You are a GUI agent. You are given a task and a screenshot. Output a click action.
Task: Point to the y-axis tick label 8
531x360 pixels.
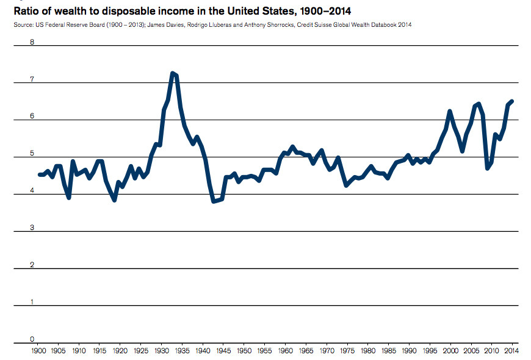[32, 43]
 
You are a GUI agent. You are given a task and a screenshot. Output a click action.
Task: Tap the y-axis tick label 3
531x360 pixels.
[32, 228]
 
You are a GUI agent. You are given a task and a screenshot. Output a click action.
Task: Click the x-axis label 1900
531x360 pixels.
[38, 351]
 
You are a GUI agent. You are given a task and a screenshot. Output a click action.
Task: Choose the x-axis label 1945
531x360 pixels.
[223, 351]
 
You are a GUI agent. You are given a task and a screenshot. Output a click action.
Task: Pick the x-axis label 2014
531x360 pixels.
[511, 351]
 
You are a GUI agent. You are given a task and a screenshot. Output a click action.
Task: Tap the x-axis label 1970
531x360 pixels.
[327, 351]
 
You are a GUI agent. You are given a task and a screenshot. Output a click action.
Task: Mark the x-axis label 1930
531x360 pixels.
[162, 351]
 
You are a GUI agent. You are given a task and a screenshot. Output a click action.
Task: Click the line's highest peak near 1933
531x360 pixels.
[172, 73]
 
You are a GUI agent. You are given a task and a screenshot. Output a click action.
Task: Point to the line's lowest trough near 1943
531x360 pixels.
[214, 201]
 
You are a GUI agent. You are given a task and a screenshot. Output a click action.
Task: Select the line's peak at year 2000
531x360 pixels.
[450, 112]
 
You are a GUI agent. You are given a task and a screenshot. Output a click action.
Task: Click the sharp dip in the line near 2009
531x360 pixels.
[487, 168]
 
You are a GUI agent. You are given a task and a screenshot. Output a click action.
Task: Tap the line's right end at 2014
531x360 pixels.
[512, 101]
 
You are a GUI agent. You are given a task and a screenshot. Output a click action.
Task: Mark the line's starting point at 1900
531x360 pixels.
[39, 175]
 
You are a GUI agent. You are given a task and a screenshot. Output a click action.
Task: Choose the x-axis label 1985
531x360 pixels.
[388, 351]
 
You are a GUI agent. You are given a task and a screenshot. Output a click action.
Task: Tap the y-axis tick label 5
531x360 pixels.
[32, 154]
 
